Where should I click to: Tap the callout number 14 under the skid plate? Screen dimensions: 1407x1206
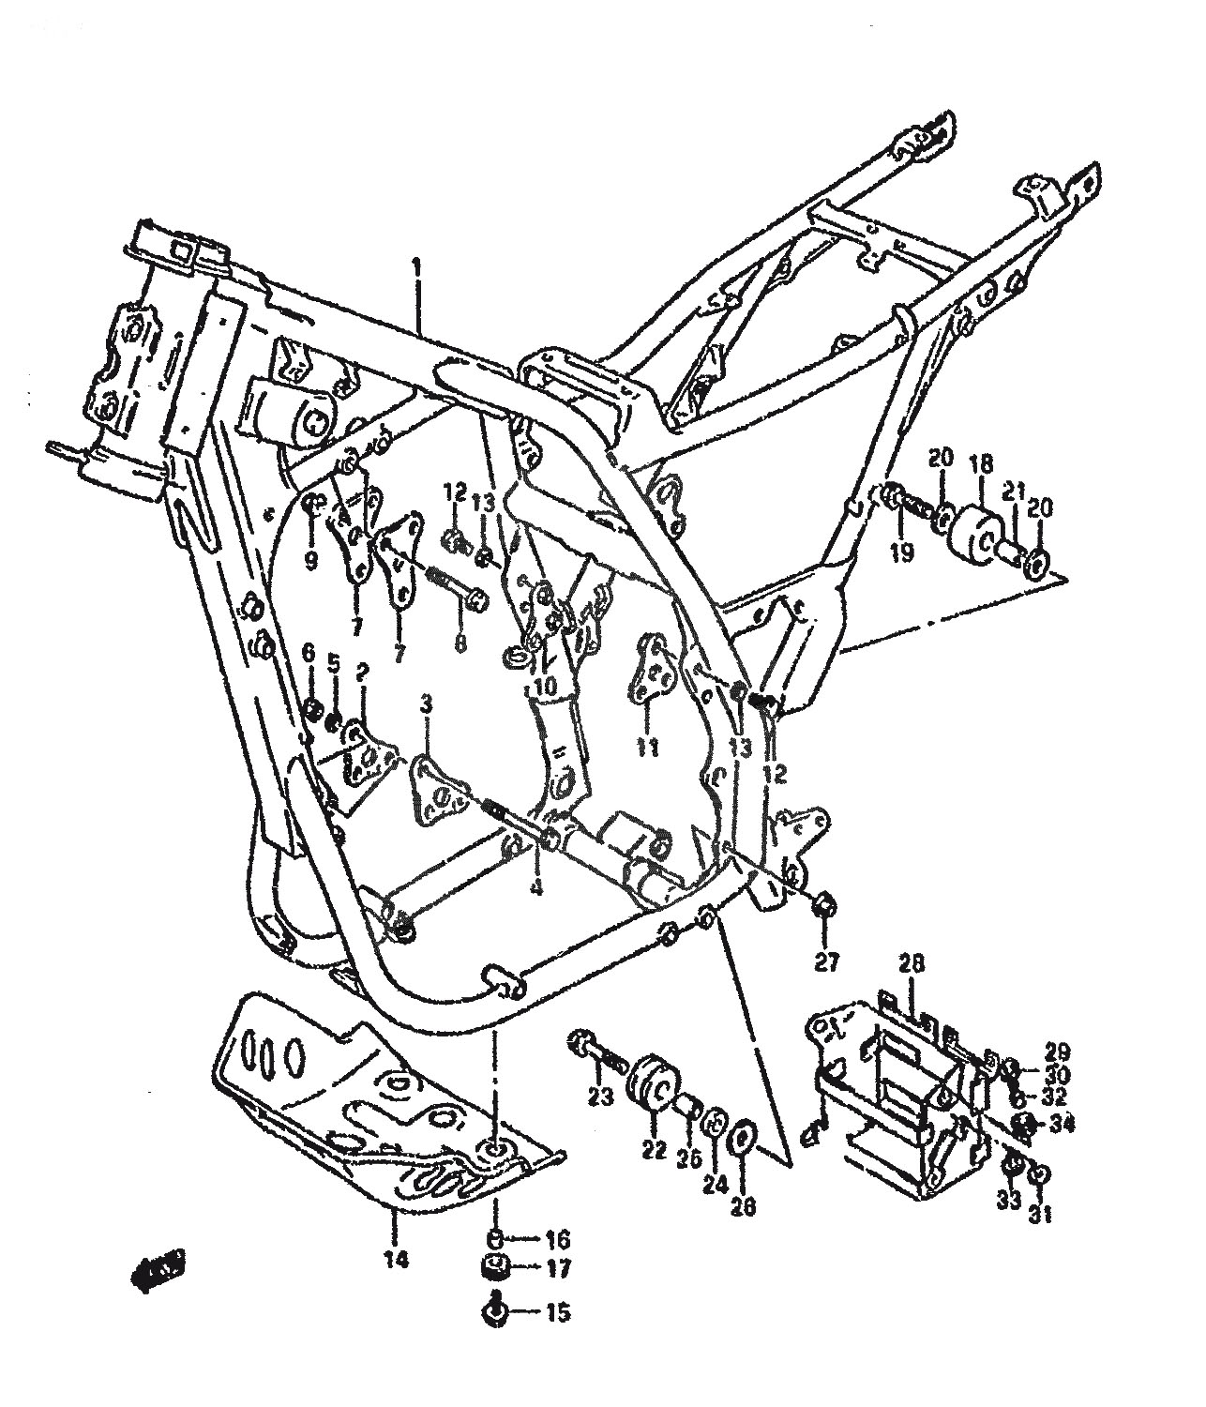tap(397, 1262)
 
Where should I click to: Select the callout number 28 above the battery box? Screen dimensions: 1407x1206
tap(911, 963)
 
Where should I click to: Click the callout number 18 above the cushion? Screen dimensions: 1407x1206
tap(981, 461)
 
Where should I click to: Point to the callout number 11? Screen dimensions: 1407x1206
tap(647, 748)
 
